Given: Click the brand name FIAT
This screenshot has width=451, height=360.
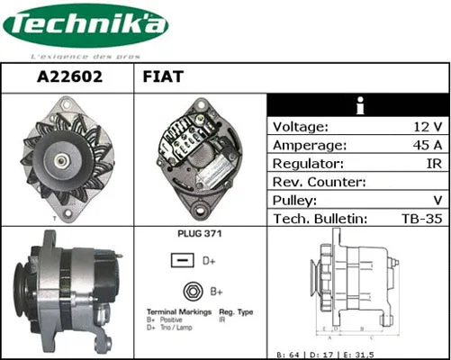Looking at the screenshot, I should pyautogui.click(x=163, y=77).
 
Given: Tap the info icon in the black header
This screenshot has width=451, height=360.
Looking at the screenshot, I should pyautogui.click(x=358, y=104).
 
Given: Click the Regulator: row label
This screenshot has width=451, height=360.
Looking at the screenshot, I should pyautogui.click(x=308, y=164).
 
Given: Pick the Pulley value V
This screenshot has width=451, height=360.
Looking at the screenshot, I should pyautogui.click(x=437, y=201).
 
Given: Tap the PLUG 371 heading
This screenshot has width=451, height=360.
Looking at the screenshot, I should pyautogui.click(x=200, y=233).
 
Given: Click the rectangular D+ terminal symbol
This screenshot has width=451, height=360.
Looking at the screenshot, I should pyautogui.click(x=183, y=261).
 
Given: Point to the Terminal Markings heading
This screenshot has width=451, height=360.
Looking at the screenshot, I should pyautogui.click(x=178, y=311).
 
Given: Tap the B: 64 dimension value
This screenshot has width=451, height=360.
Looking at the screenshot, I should pyautogui.click(x=290, y=354).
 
